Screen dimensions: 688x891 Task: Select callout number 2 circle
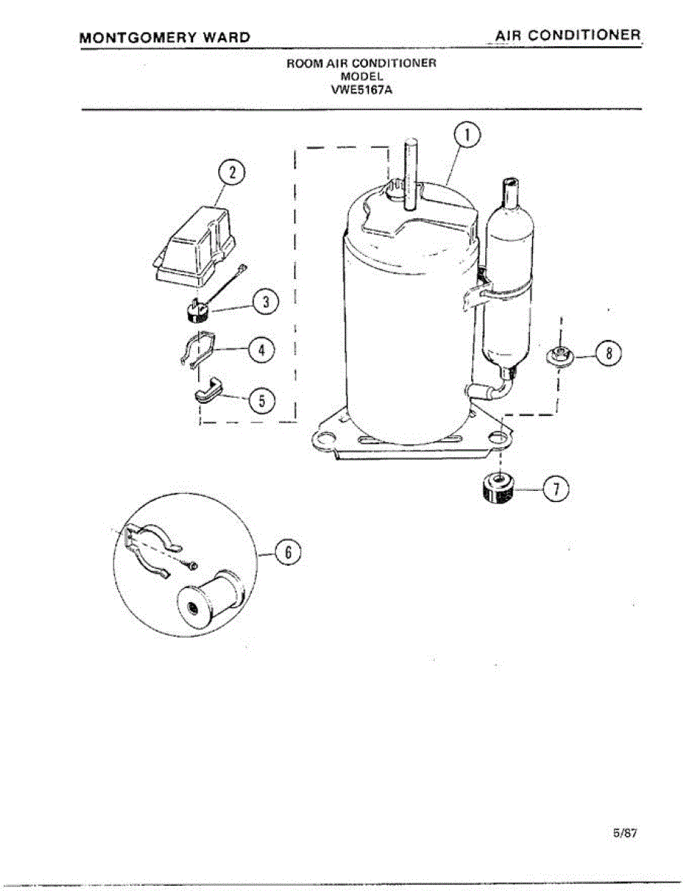pyautogui.click(x=232, y=173)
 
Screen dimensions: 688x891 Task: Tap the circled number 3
pyautogui.click(x=266, y=302)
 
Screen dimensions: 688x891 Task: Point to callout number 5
pyautogui.click(x=261, y=401)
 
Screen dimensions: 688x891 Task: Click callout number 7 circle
pyautogui.click(x=557, y=488)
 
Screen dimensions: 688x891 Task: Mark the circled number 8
pyautogui.click(x=609, y=354)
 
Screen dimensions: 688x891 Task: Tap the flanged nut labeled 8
pyautogui.click(x=560, y=355)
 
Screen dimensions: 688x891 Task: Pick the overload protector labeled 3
pyautogui.click(x=195, y=310)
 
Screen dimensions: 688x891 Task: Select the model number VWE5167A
pyautogui.click(x=361, y=91)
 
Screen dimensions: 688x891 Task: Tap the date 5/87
pyautogui.click(x=625, y=833)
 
